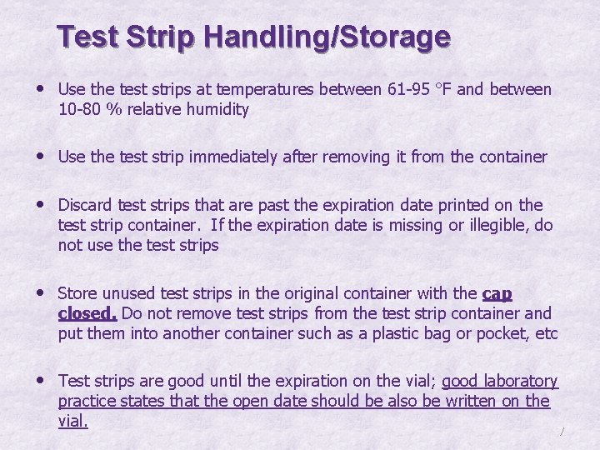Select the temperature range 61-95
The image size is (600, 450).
tap(409, 89)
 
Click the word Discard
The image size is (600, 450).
tap(85, 205)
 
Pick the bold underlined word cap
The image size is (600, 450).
tap(497, 294)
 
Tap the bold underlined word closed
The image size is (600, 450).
tap(87, 313)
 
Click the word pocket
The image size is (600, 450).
tap(502, 333)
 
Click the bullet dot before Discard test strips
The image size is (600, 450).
tap(42, 205)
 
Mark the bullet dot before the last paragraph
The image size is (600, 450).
tap(42, 381)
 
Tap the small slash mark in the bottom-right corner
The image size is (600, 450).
tap(563, 431)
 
